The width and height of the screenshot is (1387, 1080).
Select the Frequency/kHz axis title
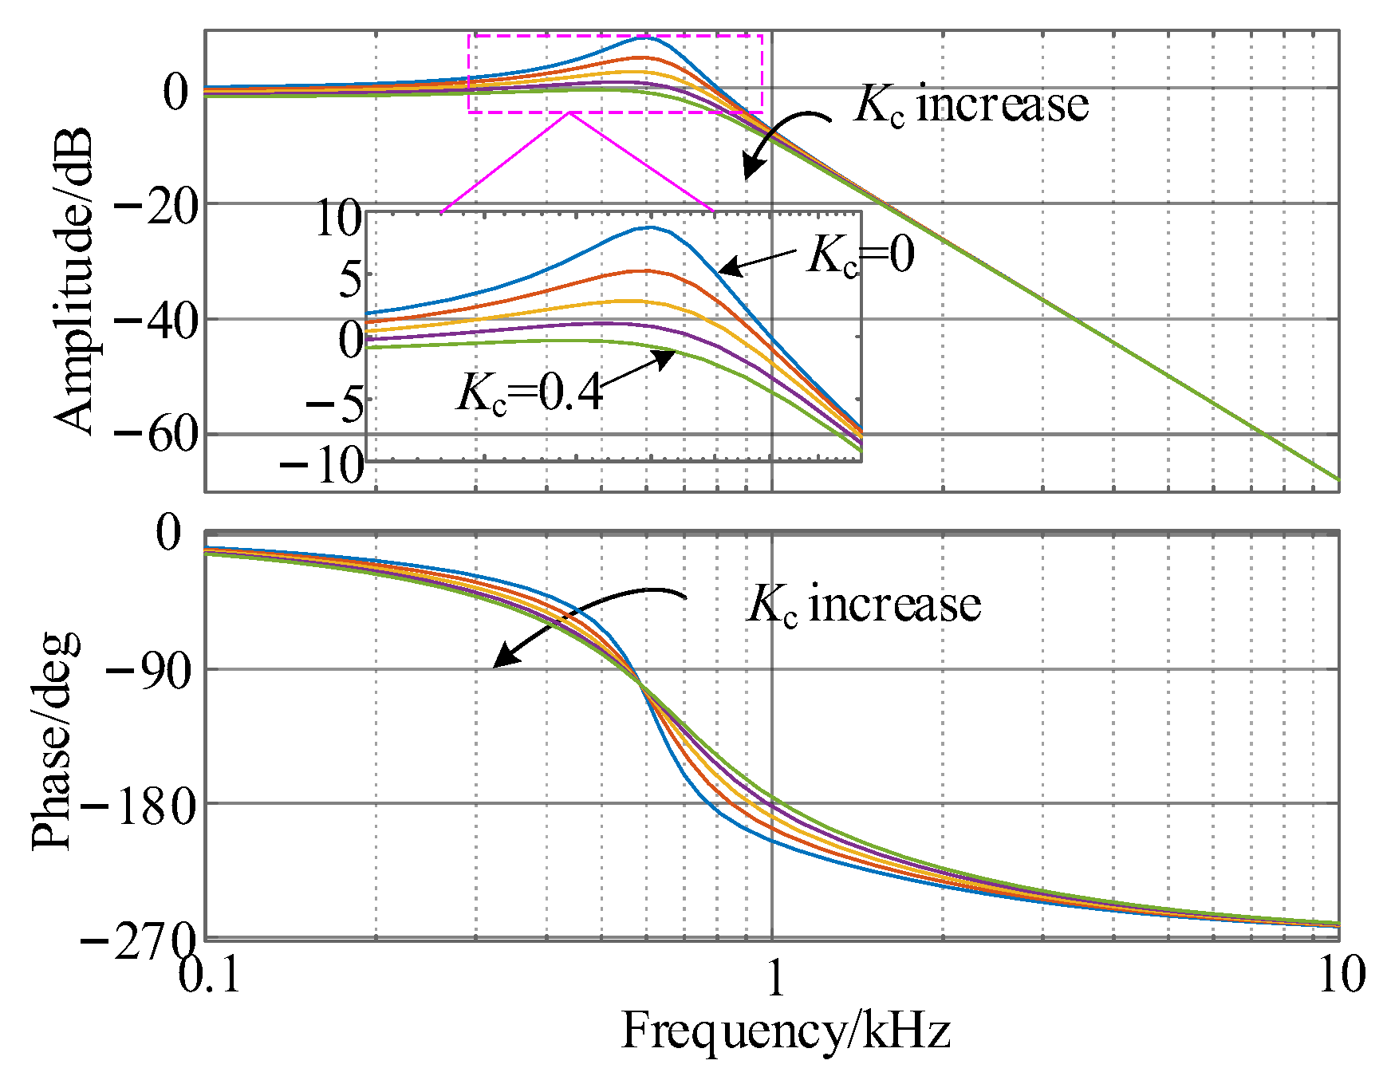click(x=785, y=1031)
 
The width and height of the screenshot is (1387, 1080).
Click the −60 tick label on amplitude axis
click(x=156, y=436)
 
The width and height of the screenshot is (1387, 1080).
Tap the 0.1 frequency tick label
click(x=210, y=975)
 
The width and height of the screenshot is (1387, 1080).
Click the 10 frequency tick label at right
click(x=1341, y=975)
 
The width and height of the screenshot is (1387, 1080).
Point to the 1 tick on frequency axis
click(x=776, y=978)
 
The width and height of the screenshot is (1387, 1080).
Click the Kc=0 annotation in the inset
click(x=860, y=255)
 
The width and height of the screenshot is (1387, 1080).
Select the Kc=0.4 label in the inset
click(x=529, y=392)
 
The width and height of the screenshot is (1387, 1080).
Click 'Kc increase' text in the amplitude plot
click(x=971, y=104)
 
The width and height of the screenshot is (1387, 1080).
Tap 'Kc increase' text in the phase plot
click(x=863, y=604)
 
